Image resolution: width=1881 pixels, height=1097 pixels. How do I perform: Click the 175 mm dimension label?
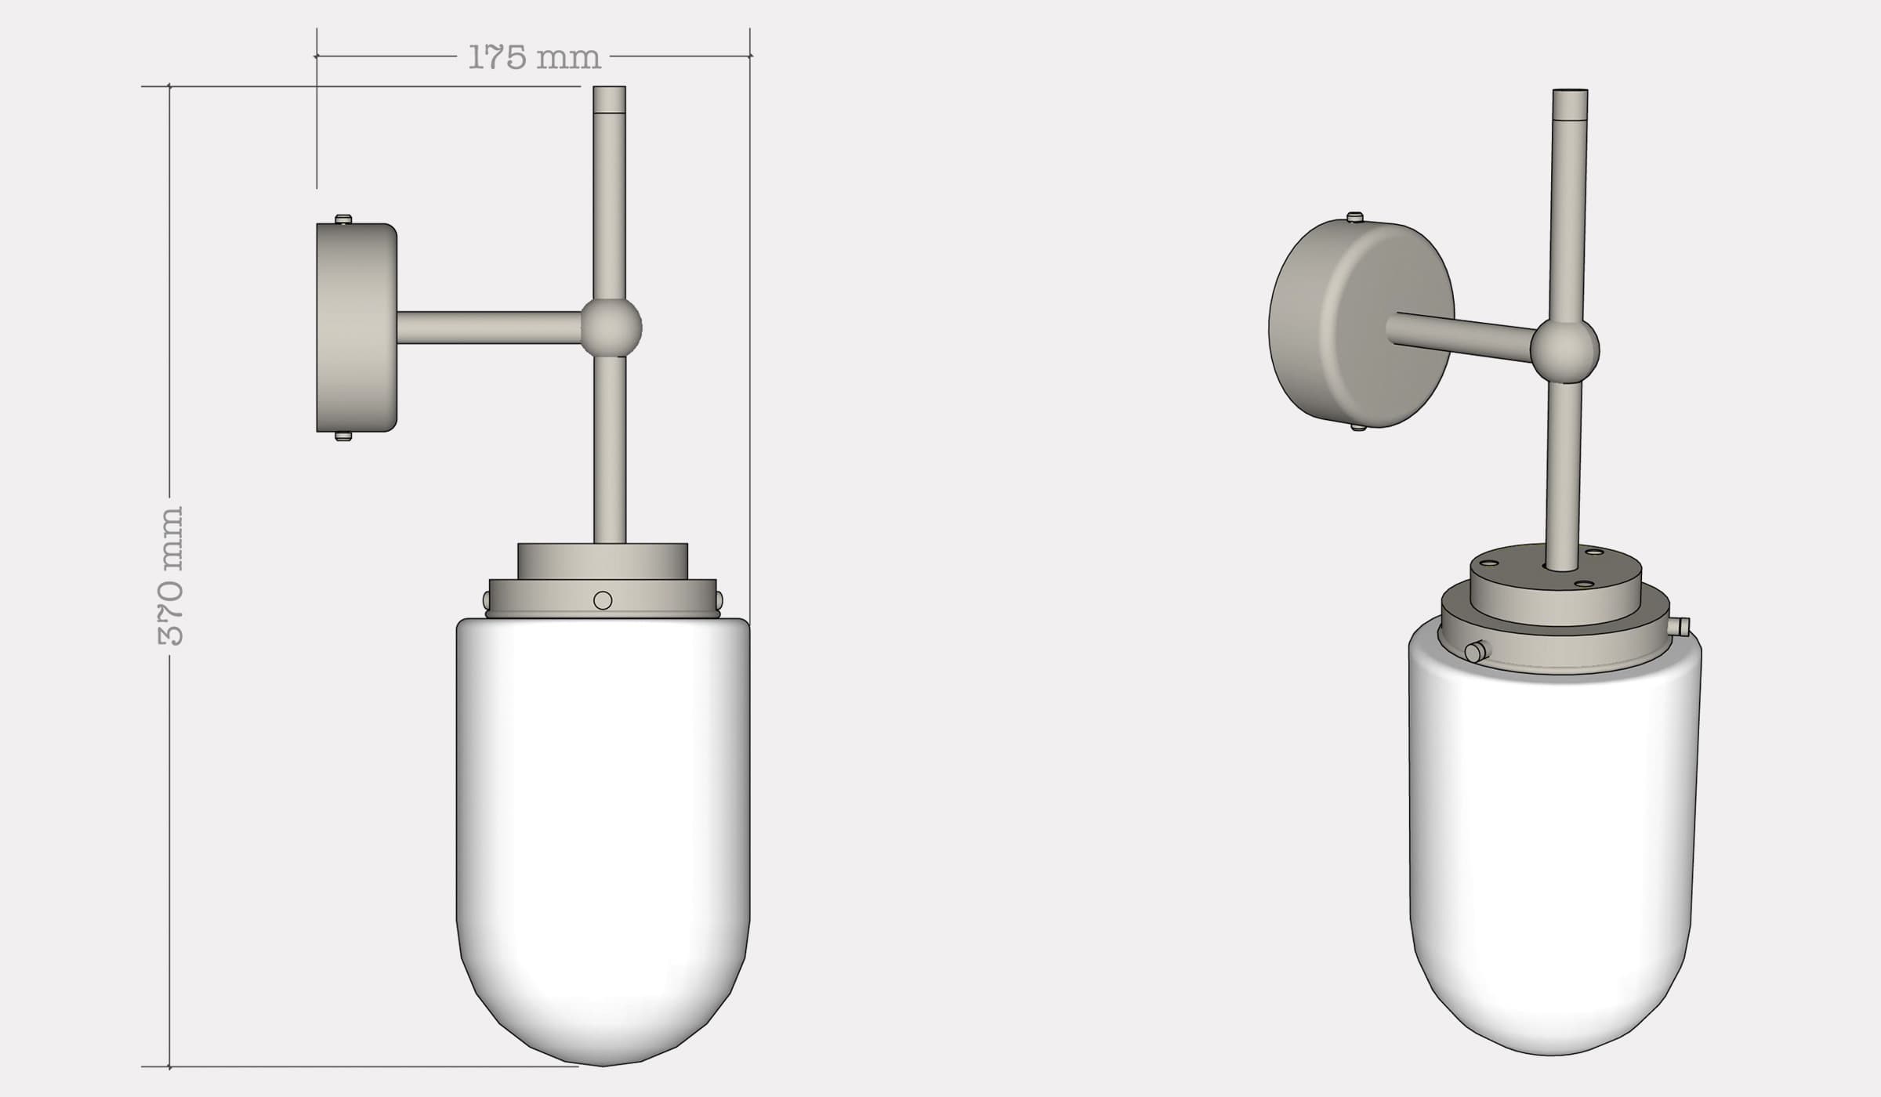point(534,57)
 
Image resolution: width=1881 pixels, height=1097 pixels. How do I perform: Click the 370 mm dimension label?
point(170,576)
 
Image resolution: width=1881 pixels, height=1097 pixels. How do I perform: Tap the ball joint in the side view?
point(611,328)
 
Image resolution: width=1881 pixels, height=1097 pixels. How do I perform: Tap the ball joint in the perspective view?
point(1564,351)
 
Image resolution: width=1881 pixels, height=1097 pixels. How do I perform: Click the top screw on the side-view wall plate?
point(343,219)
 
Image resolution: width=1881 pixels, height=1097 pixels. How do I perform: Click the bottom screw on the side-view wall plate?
point(343,436)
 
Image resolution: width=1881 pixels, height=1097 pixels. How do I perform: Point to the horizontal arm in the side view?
point(487,328)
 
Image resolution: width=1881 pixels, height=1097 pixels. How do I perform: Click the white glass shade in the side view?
point(603,831)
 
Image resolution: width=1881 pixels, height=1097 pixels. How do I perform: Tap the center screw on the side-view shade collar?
point(603,600)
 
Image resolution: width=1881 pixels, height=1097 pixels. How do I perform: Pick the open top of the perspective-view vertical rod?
point(1571,92)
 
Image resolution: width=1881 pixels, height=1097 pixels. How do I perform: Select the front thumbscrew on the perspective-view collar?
point(1476,651)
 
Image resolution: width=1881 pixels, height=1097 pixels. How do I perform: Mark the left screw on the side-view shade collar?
point(487,601)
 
